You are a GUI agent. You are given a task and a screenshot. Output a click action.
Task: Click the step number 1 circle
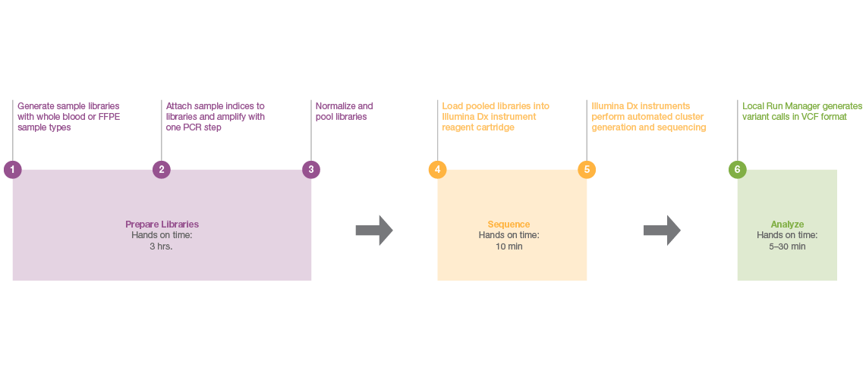coord(12,169)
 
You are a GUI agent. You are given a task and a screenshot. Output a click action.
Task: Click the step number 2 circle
coord(162,169)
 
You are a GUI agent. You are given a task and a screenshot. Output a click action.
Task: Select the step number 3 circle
coord(311,169)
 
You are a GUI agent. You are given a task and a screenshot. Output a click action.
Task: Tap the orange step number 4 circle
coord(437,169)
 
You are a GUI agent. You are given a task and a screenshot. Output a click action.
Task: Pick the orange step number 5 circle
coord(587,169)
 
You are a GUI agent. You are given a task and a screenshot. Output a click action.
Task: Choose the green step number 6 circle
coord(737,169)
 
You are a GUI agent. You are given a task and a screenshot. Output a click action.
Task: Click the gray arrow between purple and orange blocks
coord(374,231)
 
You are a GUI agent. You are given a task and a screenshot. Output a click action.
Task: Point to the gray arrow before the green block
coord(663,231)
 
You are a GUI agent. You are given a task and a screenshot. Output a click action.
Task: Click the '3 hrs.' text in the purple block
coord(161,247)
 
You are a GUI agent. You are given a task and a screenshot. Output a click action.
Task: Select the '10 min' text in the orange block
coord(509,247)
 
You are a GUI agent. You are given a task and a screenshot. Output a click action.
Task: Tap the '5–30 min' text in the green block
coord(787,247)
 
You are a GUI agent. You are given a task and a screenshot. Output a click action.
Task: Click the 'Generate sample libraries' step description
coord(68,117)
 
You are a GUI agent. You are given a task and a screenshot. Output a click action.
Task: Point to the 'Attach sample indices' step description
coord(216,117)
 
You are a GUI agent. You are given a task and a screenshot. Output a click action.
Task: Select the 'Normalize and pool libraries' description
coord(344,111)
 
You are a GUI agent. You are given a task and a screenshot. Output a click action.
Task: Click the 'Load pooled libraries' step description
coord(496,117)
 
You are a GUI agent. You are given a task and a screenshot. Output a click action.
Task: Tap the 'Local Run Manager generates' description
coord(801,111)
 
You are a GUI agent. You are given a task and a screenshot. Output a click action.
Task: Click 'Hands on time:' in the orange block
coord(509,235)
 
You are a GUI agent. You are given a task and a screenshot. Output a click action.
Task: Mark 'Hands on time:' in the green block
coord(787,235)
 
